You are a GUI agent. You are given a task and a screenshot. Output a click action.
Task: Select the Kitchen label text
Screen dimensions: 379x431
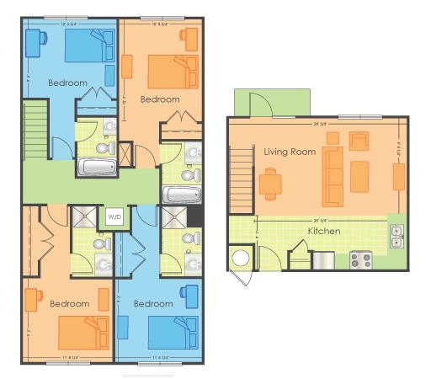323,230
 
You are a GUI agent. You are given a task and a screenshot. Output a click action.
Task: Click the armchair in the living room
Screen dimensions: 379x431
359,141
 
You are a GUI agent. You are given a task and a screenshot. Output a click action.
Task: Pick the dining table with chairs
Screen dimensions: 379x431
270,183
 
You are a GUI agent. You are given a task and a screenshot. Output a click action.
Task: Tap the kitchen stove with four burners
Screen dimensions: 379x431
361,260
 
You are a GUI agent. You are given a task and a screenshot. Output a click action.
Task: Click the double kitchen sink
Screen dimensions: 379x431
396,237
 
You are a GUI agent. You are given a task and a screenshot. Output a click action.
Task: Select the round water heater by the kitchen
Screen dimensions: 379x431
240,258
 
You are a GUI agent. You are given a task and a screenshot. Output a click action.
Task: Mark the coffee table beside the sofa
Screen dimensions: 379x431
359,177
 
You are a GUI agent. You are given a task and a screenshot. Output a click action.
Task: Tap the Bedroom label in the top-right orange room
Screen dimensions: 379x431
160,99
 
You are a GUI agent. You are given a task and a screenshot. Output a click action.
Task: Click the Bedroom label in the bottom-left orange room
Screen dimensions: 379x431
69,303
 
